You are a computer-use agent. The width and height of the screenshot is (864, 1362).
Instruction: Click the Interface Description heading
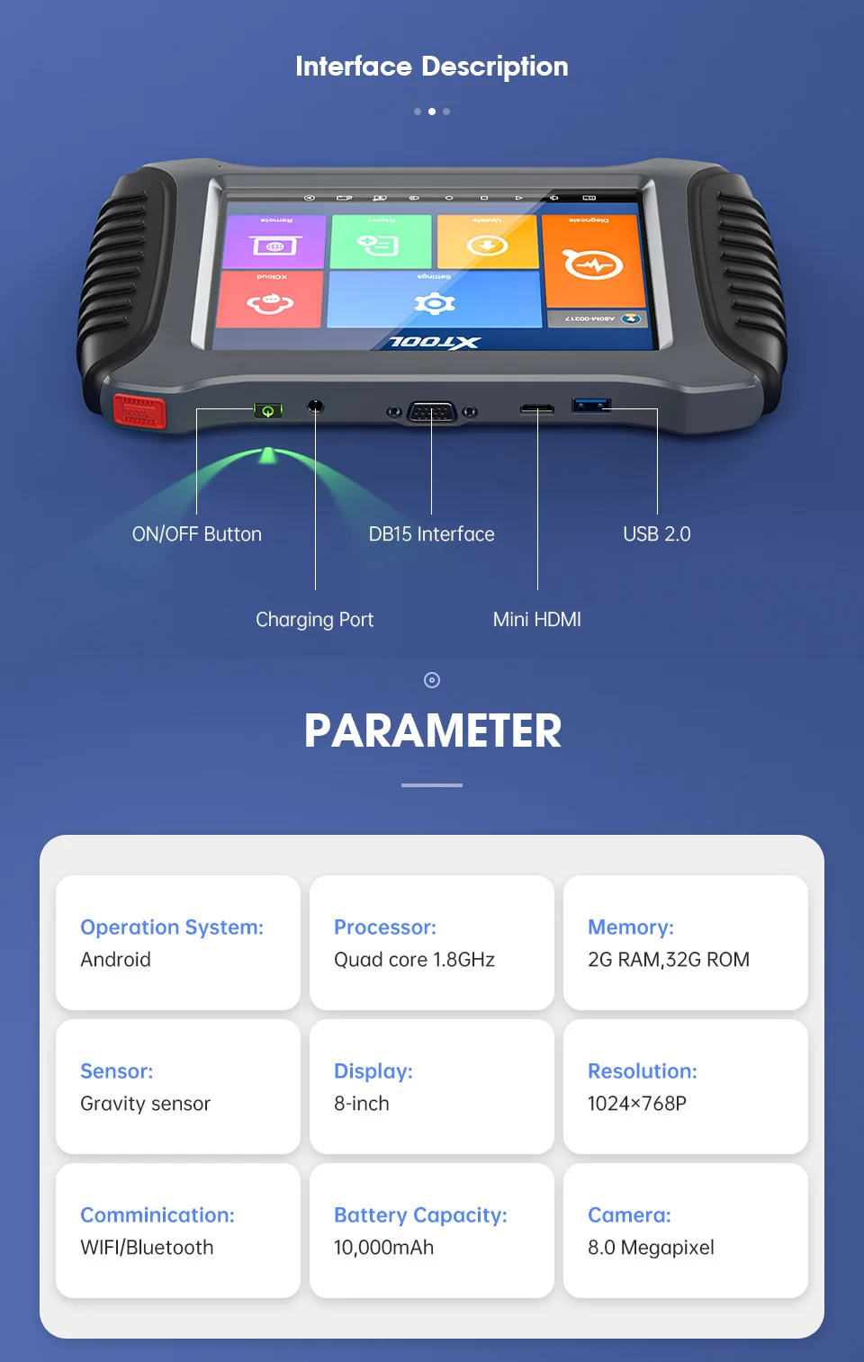point(432,67)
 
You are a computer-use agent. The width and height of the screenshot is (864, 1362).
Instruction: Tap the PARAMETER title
point(432,730)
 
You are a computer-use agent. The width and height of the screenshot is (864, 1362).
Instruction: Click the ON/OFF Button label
point(197,534)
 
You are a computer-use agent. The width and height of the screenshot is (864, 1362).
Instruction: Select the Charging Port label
point(314,620)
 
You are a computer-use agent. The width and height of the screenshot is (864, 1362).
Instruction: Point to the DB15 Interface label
point(431,534)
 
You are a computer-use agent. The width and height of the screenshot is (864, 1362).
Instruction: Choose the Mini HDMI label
point(536,620)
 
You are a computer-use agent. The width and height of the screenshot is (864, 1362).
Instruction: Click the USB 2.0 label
point(656,534)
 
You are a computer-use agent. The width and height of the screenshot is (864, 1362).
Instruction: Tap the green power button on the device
point(267,411)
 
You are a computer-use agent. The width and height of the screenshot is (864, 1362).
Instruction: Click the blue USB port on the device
point(591,405)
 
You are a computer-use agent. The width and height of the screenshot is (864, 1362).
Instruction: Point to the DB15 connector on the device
point(432,413)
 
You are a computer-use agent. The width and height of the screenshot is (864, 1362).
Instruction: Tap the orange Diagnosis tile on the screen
point(592,261)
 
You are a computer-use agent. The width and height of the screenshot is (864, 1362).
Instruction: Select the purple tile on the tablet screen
point(274,242)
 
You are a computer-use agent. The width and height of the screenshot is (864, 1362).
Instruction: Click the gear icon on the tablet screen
point(435,302)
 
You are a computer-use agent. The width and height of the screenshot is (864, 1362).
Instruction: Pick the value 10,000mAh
point(383,1248)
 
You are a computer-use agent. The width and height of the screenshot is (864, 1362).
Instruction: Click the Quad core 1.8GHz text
point(414,960)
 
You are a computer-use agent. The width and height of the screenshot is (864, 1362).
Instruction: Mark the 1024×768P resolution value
point(636,1104)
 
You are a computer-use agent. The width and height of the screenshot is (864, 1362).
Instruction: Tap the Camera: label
point(629,1215)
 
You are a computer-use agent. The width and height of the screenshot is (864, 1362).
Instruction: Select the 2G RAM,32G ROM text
point(668,960)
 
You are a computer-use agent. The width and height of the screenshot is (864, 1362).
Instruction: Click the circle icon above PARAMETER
point(432,680)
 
